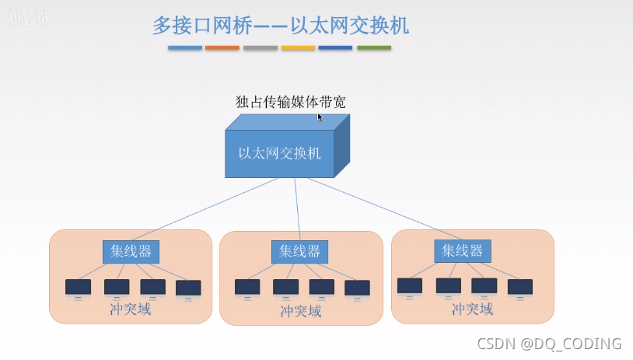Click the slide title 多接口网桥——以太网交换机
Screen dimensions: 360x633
click(x=281, y=25)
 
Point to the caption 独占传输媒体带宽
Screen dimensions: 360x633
click(x=290, y=102)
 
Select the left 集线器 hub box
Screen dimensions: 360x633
click(x=131, y=251)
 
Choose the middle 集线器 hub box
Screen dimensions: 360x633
click(x=299, y=251)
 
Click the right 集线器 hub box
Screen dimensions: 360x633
click(x=462, y=250)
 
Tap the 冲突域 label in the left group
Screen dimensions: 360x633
click(x=131, y=309)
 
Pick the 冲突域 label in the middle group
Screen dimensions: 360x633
click(x=300, y=311)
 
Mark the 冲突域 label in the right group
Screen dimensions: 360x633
click(x=472, y=309)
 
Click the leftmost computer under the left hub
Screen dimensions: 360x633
click(x=78, y=288)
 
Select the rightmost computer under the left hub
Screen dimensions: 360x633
click(x=188, y=288)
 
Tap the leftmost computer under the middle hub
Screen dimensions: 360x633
click(x=247, y=288)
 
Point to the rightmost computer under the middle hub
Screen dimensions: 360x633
click(x=357, y=288)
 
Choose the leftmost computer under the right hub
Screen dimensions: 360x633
click(x=410, y=287)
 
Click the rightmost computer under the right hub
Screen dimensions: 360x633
click(x=519, y=288)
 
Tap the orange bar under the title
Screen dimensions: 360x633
click(x=222, y=48)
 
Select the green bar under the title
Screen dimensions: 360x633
click(x=374, y=48)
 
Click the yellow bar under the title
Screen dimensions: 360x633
click(x=298, y=48)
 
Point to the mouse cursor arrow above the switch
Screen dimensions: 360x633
click(x=320, y=117)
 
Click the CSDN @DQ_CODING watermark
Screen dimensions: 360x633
click(x=549, y=343)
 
